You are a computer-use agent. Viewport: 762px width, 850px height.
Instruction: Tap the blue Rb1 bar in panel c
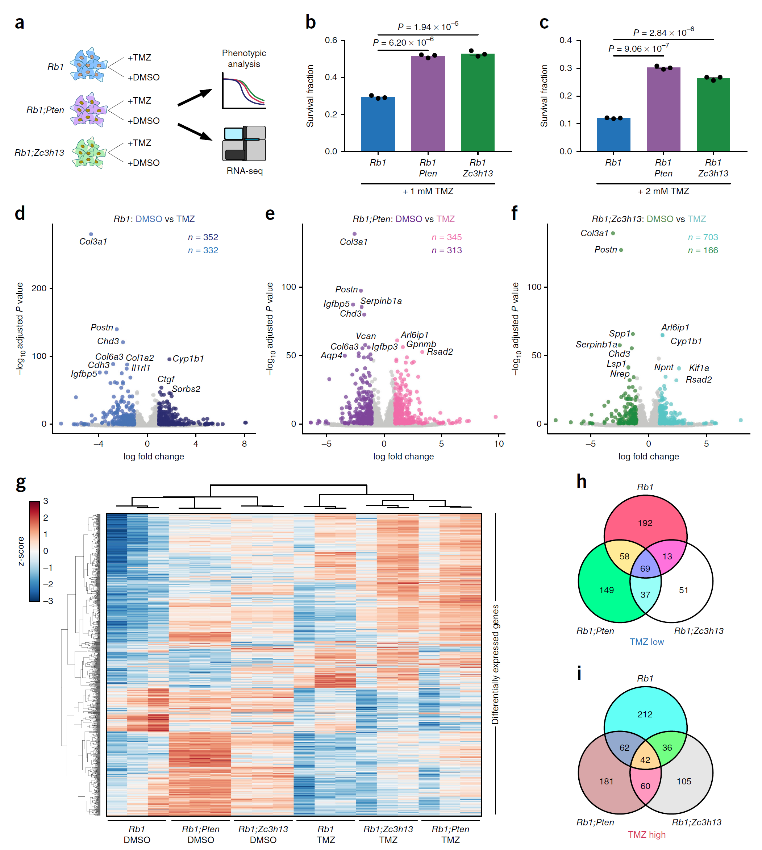(613, 134)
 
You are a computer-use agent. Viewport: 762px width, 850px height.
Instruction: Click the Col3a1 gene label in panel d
(93, 242)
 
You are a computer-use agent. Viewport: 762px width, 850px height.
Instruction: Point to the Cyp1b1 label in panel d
(188, 358)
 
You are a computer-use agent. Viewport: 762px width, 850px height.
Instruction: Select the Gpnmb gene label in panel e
(421, 344)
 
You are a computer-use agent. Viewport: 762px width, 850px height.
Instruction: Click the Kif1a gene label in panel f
(699, 368)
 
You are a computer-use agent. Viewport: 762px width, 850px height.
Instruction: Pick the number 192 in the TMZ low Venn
(645, 523)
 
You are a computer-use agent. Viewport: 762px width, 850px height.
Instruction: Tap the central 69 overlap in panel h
(645, 568)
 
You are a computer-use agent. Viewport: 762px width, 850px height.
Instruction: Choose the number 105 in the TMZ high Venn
(684, 781)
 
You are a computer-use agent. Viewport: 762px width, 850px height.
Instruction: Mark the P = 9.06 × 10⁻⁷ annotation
(638, 49)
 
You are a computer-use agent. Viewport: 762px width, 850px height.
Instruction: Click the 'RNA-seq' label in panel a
(245, 171)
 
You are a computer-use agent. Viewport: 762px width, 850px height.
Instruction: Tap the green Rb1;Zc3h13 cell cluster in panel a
(88, 153)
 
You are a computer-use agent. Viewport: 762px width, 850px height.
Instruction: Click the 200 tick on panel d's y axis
(39, 288)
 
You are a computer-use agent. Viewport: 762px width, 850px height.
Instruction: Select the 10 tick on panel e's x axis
(499, 443)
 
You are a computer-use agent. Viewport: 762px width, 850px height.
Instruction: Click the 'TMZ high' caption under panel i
(646, 834)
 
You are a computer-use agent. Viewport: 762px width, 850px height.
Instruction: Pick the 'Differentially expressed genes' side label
(495, 664)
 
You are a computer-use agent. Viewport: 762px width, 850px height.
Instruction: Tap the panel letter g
(21, 483)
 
